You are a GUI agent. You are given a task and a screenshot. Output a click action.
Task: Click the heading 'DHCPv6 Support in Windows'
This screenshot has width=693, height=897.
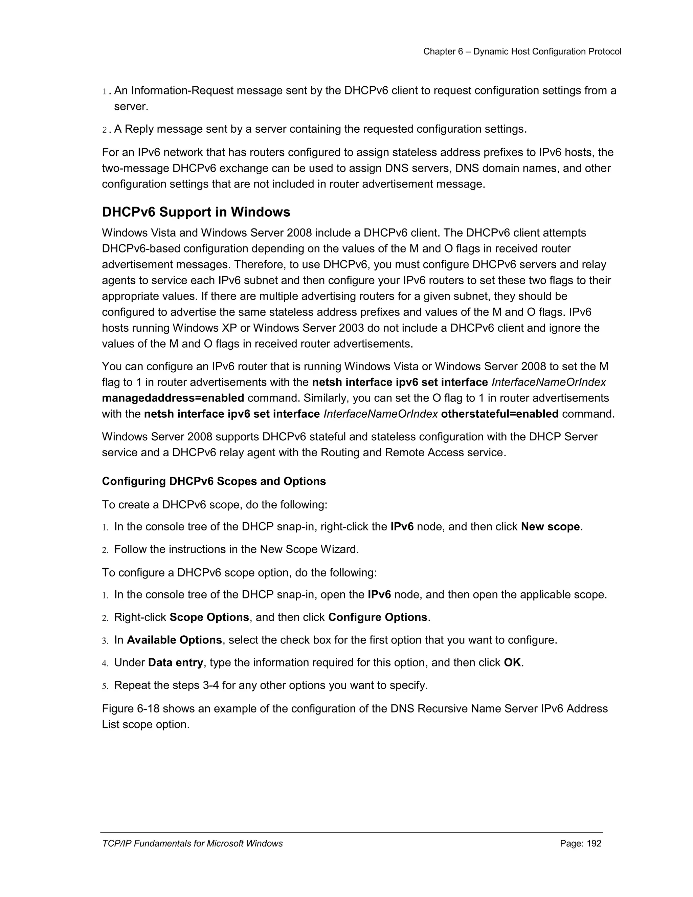(196, 212)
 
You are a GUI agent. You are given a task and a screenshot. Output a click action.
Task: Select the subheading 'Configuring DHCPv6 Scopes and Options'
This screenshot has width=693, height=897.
(214, 481)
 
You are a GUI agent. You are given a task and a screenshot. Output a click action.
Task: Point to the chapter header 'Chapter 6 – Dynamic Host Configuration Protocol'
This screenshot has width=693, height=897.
(522, 51)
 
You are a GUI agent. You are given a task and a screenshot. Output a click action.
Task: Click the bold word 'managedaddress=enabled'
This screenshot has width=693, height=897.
(173, 398)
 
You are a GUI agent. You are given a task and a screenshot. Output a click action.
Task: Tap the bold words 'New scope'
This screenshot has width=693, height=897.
(550, 527)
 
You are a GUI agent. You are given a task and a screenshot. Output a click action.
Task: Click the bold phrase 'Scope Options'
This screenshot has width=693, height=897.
(209, 618)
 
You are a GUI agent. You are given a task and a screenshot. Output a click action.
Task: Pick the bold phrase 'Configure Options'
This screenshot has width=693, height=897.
(378, 618)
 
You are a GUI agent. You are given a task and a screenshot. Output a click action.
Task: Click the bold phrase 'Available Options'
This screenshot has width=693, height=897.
(174, 640)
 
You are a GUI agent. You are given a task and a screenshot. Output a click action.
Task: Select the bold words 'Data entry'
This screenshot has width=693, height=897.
(175, 663)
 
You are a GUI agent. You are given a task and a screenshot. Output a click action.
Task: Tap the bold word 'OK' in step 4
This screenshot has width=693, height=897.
(512, 663)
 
